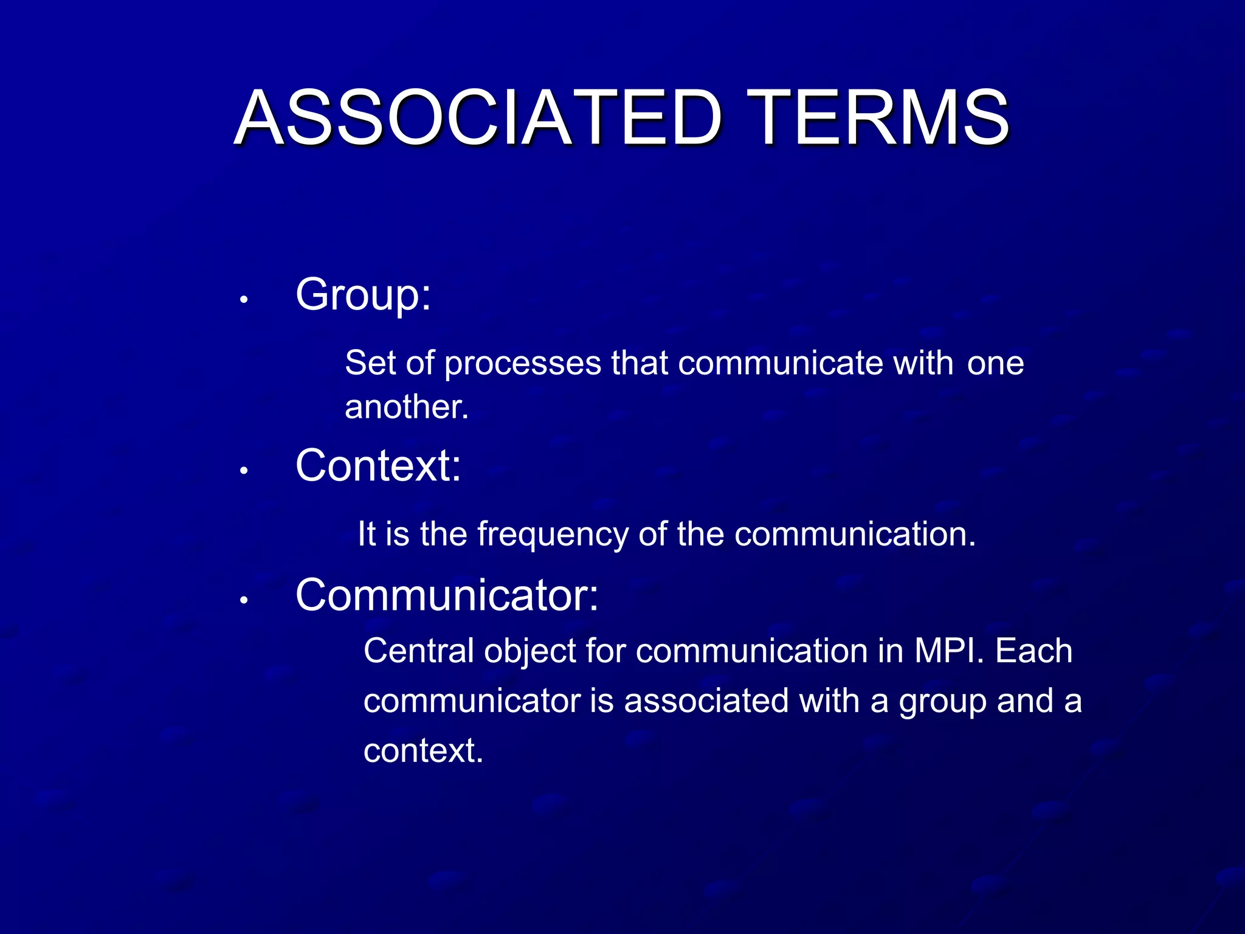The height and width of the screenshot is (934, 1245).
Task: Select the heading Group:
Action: click(x=363, y=295)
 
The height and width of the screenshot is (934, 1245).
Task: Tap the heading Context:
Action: click(x=378, y=466)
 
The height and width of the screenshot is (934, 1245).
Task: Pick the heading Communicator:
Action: click(x=447, y=595)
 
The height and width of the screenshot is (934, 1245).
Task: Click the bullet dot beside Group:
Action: click(x=243, y=300)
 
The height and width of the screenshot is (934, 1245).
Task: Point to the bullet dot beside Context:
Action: click(x=243, y=471)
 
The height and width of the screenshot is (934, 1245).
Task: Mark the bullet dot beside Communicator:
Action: click(x=243, y=600)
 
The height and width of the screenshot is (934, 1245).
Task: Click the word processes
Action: click(x=522, y=364)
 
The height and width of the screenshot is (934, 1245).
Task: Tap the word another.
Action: click(x=406, y=407)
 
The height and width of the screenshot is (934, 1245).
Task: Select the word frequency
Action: click(x=552, y=534)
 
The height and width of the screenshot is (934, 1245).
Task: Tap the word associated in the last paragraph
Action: click(x=706, y=701)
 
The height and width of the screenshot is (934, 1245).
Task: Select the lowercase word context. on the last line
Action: click(x=423, y=751)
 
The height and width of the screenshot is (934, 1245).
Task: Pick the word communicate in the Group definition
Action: click(x=780, y=364)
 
